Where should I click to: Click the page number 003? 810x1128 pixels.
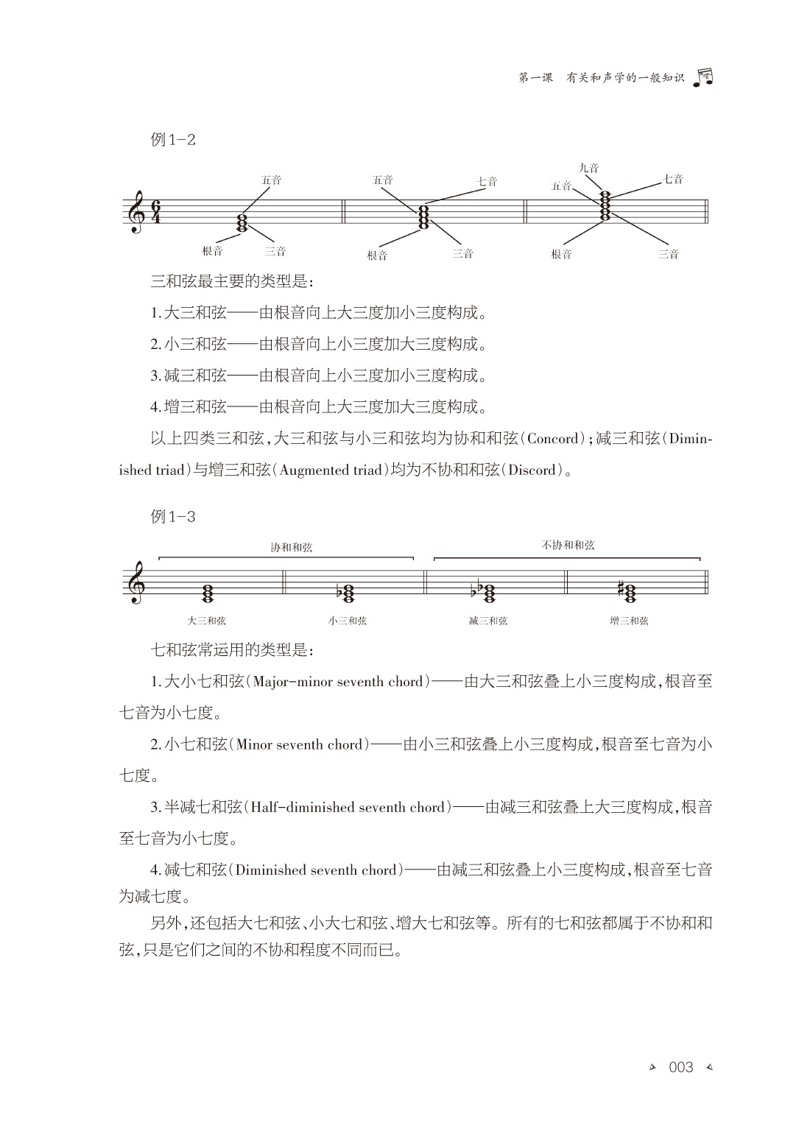click(x=680, y=1067)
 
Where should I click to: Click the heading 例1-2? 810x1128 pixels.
click(x=173, y=140)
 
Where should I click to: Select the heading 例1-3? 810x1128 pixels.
click(x=173, y=516)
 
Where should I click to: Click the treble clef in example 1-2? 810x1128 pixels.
click(x=136, y=212)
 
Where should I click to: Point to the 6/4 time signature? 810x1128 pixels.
click(x=155, y=212)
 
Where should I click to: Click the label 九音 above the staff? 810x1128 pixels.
click(x=588, y=168)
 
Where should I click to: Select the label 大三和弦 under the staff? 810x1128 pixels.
click(x=207, y=621)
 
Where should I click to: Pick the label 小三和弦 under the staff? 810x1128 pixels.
click(x=348, y=621)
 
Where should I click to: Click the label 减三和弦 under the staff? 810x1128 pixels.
click(x=487, y=621)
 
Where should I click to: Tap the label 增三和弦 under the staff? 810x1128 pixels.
click(x=629, y=621)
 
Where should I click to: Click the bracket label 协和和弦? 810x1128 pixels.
click(x=291, y=547)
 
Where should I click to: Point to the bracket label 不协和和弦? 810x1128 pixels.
click(x=568, y=546)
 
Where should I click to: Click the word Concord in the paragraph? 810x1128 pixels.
click(x=554, y=440)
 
